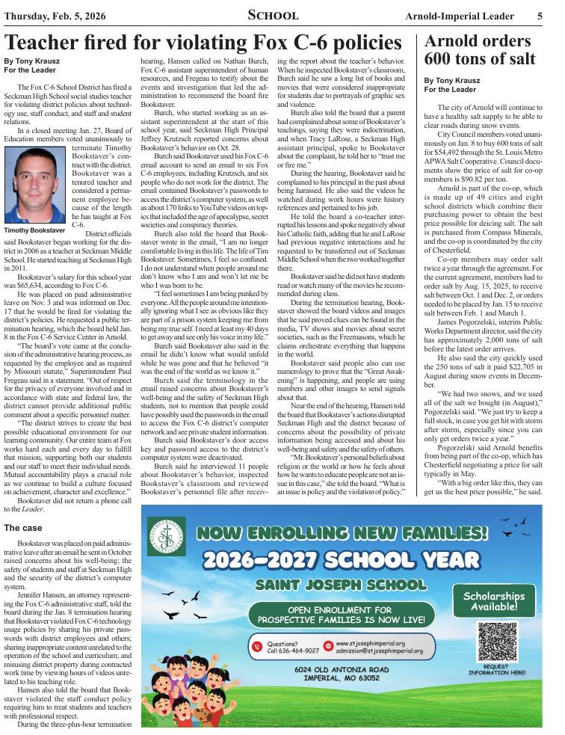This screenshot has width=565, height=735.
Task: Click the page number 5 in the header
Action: coord(540,15)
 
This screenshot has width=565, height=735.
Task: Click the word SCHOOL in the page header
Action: coord(273,15)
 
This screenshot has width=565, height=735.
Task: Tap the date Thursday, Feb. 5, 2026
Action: coord(58,15)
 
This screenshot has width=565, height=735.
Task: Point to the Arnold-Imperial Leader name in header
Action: coord(460,16)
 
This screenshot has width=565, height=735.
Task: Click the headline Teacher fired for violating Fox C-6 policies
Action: coord(203,42)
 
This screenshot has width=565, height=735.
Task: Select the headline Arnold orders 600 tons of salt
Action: coord(480,49)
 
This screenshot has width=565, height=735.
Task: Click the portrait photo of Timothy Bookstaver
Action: coord(34,185)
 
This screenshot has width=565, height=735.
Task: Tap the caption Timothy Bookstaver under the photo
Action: coord(34,231)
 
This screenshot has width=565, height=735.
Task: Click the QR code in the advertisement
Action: coord(497,641)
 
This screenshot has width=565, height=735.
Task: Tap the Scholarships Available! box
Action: coord(493,600)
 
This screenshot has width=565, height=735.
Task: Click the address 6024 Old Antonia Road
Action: coord(342,669)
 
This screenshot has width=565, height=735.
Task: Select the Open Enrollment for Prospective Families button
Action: coord(341,615)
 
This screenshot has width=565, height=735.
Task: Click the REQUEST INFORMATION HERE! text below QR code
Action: coord(497,669)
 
